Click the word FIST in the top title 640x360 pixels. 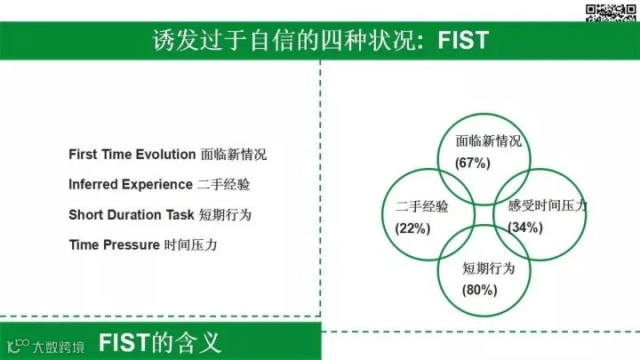(x=463, y=40)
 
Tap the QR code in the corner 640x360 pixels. (x=611, y=12)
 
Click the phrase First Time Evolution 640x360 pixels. (x=132, y=155)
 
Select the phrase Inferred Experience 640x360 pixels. (x=131, y=185)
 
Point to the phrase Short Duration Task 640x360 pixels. (x=132, y=215)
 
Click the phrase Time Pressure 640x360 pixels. (x=115, y=245)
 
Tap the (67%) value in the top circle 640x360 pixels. (x=473, y=163)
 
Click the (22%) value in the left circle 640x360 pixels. (x=412, y=228)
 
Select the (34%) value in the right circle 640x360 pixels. (x=525, y=227)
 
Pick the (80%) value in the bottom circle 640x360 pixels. (x=480, y=290)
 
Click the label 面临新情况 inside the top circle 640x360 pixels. (x=489, y=141)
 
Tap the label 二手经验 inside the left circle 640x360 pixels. (x=421, y=206)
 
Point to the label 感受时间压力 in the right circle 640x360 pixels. (x=548, y=205)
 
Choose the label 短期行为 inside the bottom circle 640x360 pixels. (x=489, y=268)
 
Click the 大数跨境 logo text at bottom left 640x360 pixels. (x=59, y=347)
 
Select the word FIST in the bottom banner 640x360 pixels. (x=124, y=342)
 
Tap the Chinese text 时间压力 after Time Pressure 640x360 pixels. (x=190, y=245)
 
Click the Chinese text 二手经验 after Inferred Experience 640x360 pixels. (x=224, y=185)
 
